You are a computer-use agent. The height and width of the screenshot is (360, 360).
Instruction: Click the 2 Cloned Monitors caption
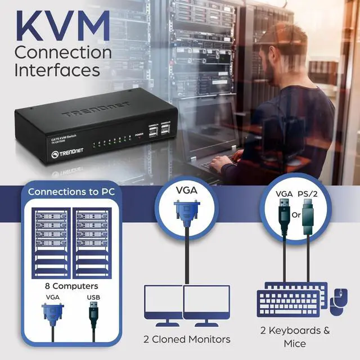click(187, 339)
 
